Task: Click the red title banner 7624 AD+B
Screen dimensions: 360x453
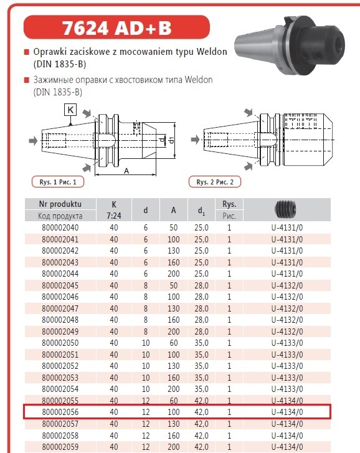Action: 116,27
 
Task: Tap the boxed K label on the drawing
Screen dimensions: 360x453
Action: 70,110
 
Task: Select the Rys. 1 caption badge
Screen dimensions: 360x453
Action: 58,182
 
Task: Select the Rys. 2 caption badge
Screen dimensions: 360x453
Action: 215,182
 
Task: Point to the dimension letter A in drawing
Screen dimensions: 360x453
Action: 126,171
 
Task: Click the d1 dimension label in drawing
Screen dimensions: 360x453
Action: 172,140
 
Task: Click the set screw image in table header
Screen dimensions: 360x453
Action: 285,209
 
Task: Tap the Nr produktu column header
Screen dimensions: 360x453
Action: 60,204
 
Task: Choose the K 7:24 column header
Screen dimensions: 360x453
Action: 114,210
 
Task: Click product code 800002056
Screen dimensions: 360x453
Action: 60,412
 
